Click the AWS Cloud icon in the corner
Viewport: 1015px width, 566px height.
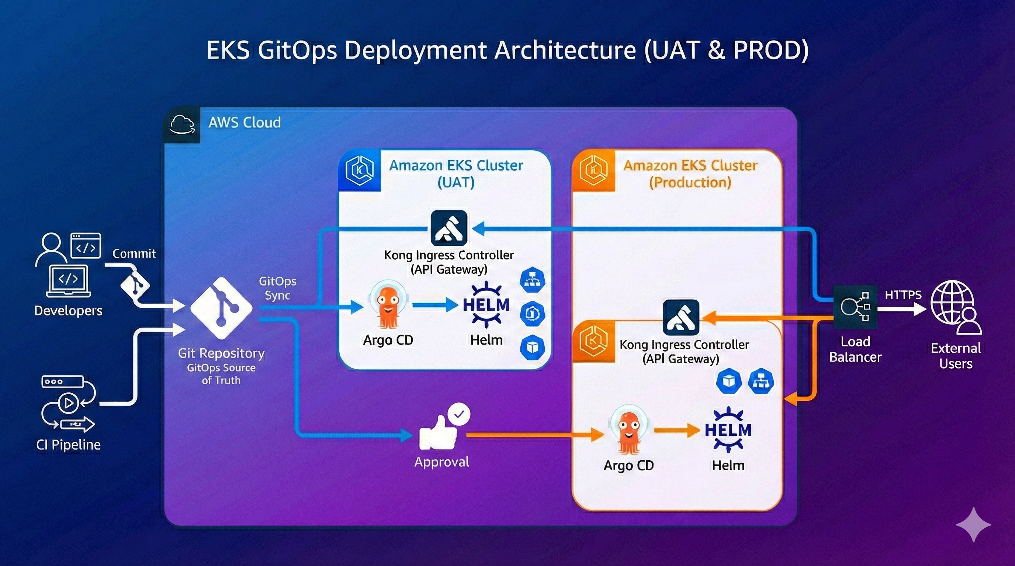tap(182, 125)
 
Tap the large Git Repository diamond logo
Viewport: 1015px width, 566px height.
tap(221, 308)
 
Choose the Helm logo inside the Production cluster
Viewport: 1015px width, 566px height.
tap(727, 430)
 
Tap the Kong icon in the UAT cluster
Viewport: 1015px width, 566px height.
tap(449, 228)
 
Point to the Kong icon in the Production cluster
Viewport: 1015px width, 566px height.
tap(681, 317)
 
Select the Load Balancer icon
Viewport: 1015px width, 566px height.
tap(855, 307)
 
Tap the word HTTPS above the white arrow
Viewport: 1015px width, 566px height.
tap(903, 295)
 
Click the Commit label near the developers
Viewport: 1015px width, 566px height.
tap(134, 254)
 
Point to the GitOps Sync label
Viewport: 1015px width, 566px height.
tap(277, 288)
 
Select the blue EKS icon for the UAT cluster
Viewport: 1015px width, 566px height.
tap(359, 171)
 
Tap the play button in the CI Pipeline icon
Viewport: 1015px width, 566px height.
tap(69, 403)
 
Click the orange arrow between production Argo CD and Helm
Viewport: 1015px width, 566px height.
tap(676, 430)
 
